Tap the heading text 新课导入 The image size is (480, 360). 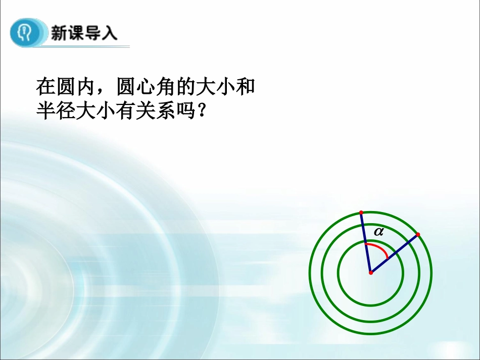point(83,33)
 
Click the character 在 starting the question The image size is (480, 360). point(45,87)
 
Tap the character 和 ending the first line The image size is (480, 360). point(246,87)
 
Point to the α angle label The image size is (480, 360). point(378,232)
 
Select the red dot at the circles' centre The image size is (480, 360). point(370,273)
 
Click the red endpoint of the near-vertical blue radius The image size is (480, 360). point(361,212)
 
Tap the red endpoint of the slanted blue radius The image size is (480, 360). point(418,234)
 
